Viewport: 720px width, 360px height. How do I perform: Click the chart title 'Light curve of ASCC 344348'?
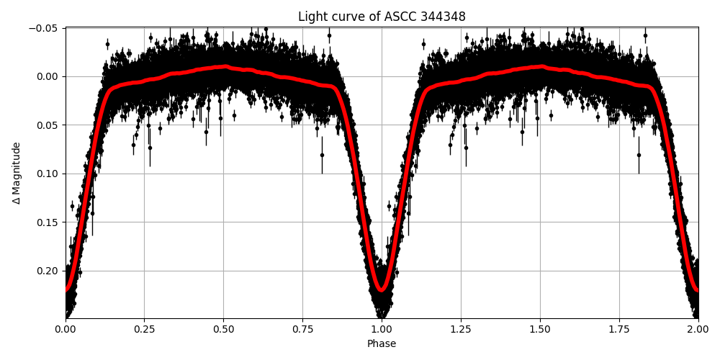coord(382,17)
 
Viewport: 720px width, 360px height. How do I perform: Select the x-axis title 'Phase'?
coord(382,344)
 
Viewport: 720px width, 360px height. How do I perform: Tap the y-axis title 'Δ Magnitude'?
coord(16,173)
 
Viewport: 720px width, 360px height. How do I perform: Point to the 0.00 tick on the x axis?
coord(66,329)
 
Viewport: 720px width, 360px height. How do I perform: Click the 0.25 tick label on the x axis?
coord(144,329)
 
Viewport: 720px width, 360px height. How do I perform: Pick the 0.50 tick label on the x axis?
coord(223,329)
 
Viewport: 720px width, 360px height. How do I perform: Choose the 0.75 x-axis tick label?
coord(302,329)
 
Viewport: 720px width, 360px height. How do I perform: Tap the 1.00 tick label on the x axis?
coord(382,329)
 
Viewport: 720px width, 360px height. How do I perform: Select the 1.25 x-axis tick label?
coord(461,329)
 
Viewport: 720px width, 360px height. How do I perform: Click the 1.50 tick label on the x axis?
coord(540,329)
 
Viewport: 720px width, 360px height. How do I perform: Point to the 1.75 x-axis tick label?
coord(619,329)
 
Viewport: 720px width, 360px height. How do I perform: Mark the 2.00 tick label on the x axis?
coord(698,329)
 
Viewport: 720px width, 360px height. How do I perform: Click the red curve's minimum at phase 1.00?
coord(382,290)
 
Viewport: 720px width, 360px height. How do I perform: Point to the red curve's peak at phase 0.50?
coord(224,67)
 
